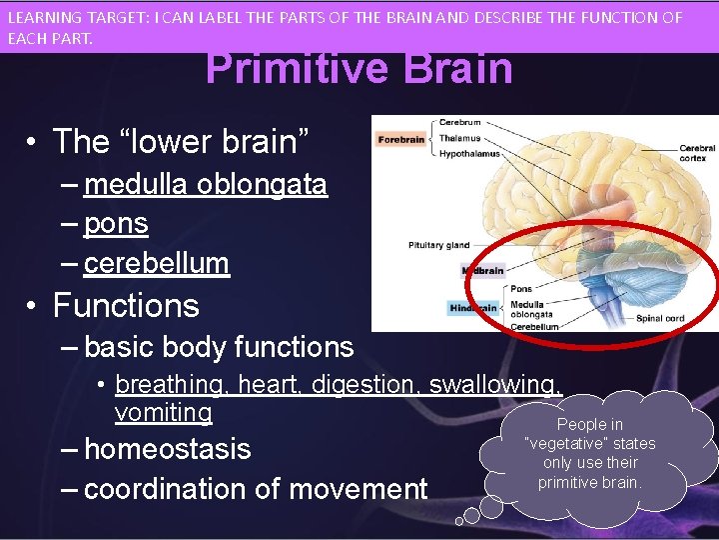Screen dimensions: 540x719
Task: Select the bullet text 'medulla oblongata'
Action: [x=206, y=185]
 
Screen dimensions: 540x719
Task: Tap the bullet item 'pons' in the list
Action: [x=116, y=224]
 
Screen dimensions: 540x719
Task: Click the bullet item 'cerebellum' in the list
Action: [x=157, y=263]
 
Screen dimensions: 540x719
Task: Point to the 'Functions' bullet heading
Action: [x=126, y=305]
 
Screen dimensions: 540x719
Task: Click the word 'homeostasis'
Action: [x=167, y=449]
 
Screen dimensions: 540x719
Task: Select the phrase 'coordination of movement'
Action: [x=256, y=489]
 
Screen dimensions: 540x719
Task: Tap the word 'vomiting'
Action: [x=164, y=412]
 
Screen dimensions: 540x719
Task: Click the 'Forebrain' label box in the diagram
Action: [x=401, y=140]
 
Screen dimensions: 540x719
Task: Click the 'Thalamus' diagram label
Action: [x=459, y=139]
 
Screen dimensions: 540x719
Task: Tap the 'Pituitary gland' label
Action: [x=438, y=245]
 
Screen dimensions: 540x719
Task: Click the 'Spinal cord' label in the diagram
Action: [x=660, y=319]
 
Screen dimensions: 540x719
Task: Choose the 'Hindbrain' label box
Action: [x=473, y=308]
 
